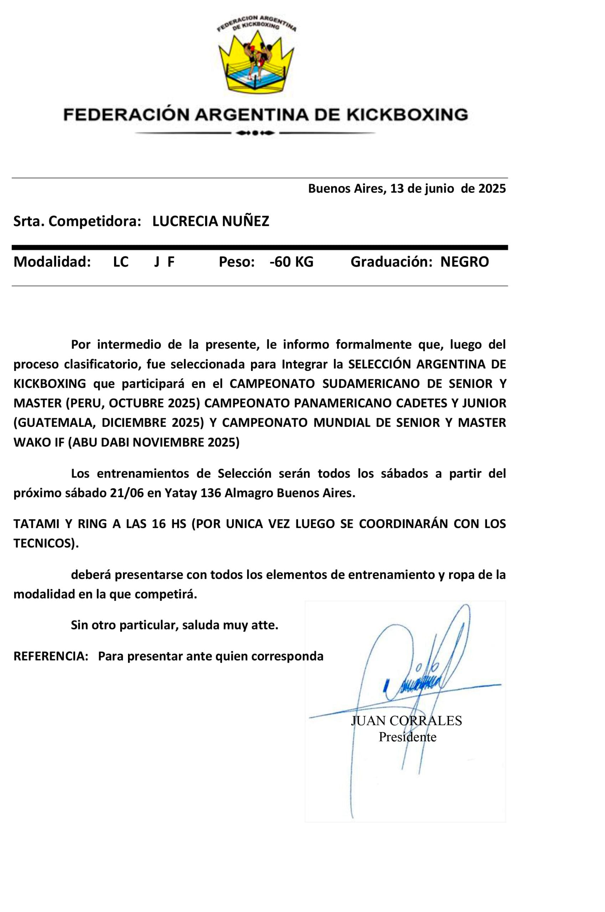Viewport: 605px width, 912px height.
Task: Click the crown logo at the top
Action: tap(256, 62)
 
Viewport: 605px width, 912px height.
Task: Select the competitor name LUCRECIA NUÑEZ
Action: tap(211, 221)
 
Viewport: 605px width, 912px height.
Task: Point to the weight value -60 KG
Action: tap(291, 262)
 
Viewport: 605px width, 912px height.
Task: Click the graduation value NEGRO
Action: tap(465, 262)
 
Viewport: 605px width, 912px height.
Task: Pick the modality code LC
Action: tap(121, 262)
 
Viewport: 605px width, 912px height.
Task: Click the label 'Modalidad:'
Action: tap(52, 262)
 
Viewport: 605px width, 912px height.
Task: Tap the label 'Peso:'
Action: tap(236, 262)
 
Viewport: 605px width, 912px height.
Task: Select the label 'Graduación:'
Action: tap(391, 262)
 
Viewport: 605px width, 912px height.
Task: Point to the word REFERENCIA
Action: tap(51, 656)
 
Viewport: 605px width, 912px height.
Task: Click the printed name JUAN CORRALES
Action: tap(406, 720)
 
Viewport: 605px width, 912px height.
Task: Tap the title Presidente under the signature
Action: tap(407, 737)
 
